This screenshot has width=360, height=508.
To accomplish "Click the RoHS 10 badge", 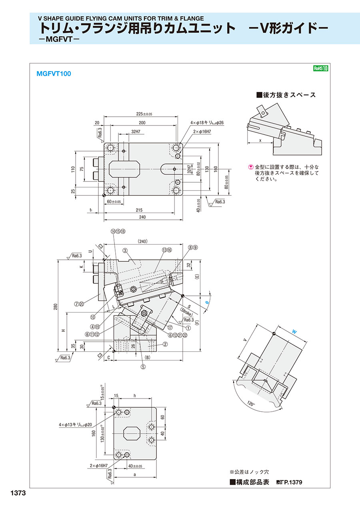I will pos(321,68).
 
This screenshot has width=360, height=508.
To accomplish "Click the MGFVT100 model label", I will pos(54,74).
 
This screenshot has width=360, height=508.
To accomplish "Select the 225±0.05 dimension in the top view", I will pos(141,114).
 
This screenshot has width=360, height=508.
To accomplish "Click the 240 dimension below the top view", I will pos(142,217).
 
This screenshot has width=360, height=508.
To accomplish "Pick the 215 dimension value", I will pos(139,210).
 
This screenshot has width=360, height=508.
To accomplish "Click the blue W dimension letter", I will pos(294,331).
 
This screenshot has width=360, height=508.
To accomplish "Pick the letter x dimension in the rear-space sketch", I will pos(260,141).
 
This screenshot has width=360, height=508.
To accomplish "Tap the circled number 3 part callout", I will pos(125,251).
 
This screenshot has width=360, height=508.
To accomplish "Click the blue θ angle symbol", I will pos(207,303).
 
